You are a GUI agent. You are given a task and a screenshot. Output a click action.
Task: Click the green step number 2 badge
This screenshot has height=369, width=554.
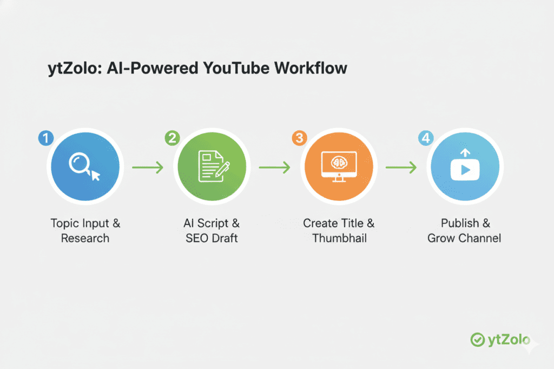click(x=173, y=138)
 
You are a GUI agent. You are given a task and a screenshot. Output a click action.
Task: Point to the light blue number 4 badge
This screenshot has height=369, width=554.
click(x=426, y=138)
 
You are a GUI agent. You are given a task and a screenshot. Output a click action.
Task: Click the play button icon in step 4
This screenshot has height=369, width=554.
click(x=465, y=170)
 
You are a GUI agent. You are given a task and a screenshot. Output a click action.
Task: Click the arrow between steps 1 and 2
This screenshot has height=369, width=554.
click(x=148, y=167)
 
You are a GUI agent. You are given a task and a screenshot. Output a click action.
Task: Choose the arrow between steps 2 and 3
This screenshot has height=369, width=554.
click(x=274, y=167)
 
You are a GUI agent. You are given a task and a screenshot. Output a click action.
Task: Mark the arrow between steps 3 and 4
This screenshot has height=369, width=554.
click(x=401, y=167)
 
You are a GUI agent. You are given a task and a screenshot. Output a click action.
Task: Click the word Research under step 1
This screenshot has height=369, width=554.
click(x=85, y=238)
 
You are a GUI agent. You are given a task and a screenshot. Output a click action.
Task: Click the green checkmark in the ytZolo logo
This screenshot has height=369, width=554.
click(x=477, y=339)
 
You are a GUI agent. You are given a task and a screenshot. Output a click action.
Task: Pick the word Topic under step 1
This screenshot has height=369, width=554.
click(x=64, y=223)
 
